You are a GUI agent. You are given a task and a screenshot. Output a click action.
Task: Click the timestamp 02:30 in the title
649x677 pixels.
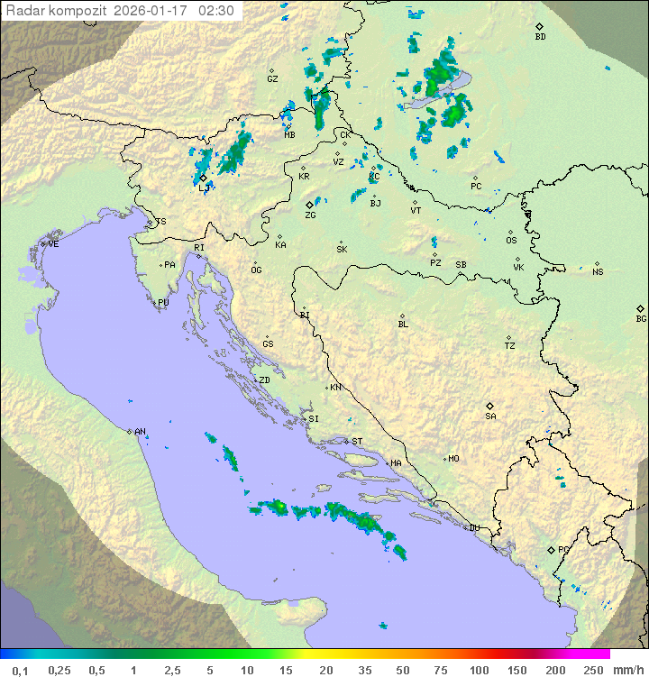(217, 11)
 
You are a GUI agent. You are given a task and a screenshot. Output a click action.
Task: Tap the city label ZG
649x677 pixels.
(310, 215)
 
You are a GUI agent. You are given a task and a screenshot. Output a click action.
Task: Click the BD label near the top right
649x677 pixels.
(540, 37)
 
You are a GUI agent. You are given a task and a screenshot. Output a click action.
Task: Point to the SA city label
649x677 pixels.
(490, 416)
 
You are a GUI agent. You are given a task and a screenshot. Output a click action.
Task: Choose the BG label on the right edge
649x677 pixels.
(641, 318)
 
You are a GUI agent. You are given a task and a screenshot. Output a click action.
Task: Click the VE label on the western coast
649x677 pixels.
(53, 244)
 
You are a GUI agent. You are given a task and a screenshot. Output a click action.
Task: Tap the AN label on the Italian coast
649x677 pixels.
(140, 432)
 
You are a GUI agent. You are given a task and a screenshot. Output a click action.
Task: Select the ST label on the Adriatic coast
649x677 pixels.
(357, 442)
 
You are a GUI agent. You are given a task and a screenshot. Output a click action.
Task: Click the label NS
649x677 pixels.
(598, 271)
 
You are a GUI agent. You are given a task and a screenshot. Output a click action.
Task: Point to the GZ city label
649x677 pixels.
(272, 78)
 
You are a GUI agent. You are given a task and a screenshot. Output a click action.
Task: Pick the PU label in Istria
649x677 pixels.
(163, 303)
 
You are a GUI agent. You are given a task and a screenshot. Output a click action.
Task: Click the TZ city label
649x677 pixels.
(510, 345)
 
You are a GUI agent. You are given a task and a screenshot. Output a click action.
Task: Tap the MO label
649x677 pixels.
(453, 459)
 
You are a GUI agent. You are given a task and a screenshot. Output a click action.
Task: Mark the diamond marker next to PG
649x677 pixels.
(551, 549)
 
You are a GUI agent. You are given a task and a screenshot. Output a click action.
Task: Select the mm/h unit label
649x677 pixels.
(627, 670)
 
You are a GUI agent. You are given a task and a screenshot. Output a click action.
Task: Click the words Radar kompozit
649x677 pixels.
(56, 11)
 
